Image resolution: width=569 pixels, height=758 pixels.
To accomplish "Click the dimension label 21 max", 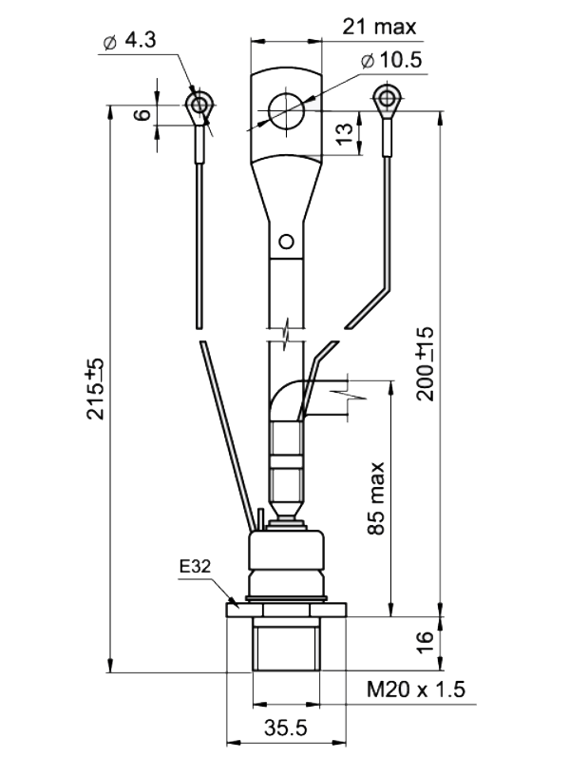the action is [x=379, y=27].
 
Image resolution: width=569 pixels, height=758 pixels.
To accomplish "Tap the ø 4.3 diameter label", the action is [x=129, y=41].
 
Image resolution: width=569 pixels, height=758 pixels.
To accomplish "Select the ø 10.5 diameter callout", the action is [x=391, y=61].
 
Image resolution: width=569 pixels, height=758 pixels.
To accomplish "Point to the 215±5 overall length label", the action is [x=95, y=388].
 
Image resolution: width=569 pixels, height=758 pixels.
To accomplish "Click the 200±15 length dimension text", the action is [x=426, y=364].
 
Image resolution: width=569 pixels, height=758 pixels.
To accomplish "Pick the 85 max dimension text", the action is [x=376, y=498].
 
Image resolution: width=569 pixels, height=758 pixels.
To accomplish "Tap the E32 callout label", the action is [x=195, y=566].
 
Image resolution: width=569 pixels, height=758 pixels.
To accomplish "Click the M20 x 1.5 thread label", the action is [x=416, y=690].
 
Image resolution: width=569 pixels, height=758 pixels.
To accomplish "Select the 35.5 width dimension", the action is [x=286, y=728].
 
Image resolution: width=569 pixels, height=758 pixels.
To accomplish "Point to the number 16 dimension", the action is [x=425, y=643].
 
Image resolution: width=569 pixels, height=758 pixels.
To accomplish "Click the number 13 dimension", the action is [x=345, y=134].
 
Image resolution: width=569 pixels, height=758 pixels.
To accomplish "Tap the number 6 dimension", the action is [x=142, y=115].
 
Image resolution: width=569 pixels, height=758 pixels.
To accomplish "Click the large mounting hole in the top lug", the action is [x=287, y=111].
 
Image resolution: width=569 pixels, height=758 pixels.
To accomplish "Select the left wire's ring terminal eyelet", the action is [x=199, y=104].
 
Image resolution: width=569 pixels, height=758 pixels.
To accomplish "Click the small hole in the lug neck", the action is [x=287, y=242].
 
